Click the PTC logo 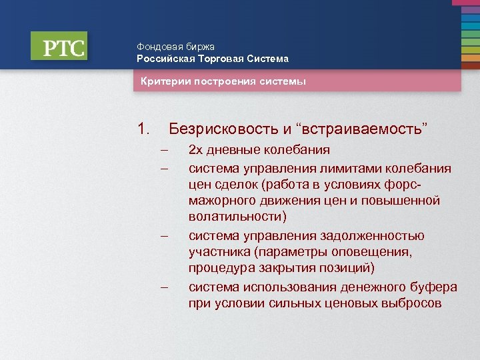click(x=59, y=47)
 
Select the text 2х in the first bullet click(x=196, y=151)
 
